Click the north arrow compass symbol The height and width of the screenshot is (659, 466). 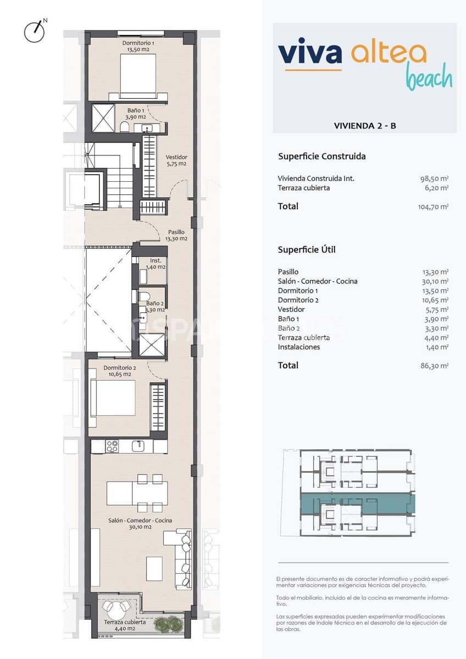coord(34,31)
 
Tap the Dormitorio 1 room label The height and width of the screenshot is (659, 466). coord(138,46)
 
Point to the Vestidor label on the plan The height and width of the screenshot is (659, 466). coord(176,160)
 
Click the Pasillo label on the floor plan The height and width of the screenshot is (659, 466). coord(176,235)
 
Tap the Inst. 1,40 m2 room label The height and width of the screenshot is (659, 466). coord(156,264)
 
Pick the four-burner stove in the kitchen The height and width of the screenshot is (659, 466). coord(112,446)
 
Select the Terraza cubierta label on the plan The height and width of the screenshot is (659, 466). coord(125,626)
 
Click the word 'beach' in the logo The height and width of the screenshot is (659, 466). coord(429,77)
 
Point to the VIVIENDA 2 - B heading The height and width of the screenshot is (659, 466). coord(365,126)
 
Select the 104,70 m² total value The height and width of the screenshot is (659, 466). coord(433,207)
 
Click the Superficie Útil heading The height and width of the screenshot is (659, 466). coord(307,250)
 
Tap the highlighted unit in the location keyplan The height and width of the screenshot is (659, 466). coord(357,502)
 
